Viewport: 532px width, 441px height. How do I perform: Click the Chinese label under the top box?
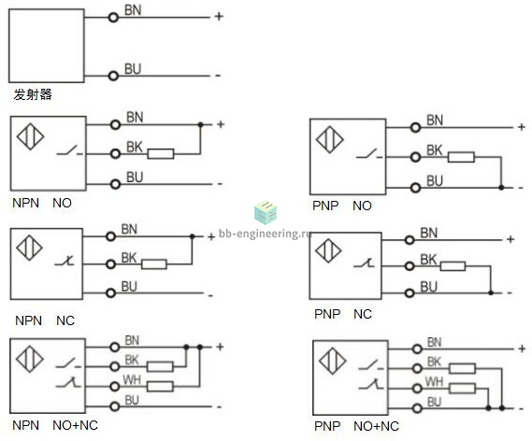click(33, 94)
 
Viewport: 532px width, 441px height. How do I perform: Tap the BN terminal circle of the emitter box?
click(113, 18)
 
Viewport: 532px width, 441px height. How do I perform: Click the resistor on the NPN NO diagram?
click(161, 154)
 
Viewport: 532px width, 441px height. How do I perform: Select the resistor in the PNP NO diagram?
click(461, 157)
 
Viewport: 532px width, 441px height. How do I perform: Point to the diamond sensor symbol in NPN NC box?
click(30, 248)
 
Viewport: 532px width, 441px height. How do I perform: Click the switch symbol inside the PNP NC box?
click(364, 263)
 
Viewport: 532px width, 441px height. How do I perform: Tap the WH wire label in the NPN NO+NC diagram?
click(132, 379)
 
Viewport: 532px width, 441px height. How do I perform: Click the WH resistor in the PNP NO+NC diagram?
click(462, 388)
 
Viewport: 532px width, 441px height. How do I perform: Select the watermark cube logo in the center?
click(266, 212)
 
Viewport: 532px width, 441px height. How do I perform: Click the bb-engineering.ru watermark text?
click(265, 234)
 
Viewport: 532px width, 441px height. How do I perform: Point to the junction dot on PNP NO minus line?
click(501, 187)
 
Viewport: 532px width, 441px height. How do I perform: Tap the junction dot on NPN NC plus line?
click(192, 236)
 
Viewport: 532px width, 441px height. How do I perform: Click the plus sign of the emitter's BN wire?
click(219, 16)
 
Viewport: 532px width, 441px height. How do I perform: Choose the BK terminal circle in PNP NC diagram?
click(410, 266)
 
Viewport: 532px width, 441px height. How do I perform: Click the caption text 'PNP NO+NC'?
click(356, 426)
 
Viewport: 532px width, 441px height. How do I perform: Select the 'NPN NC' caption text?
click(45, 320)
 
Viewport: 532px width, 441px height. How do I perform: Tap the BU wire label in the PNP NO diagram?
click(435, 180)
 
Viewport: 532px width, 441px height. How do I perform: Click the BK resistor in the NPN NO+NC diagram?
click(160, 366)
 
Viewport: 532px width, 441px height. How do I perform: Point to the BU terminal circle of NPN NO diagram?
click(115, 184)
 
